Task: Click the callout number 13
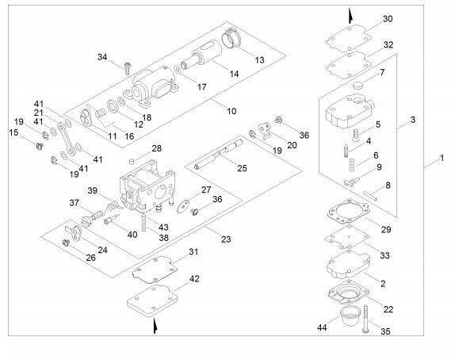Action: point(260,59)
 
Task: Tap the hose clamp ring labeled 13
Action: point(231,38)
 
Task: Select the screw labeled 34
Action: point(127,68)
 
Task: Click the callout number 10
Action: point(231,111)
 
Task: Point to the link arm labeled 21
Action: point(67,139)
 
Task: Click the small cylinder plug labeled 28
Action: point(132,161)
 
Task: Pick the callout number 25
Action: point(242,168)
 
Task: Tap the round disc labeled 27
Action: point(183,205)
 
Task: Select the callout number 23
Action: point(226,239)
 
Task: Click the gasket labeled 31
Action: point(155,270)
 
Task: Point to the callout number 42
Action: point(194,278)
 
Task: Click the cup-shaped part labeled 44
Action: point(348,316)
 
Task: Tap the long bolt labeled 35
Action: point(365,319)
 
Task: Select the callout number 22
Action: point(388,309)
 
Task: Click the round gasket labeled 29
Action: point(349,212)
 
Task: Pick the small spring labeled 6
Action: point(352,165)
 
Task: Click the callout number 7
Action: point(382,72)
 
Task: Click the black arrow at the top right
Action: point(350,16)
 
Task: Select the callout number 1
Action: point(442,158)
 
